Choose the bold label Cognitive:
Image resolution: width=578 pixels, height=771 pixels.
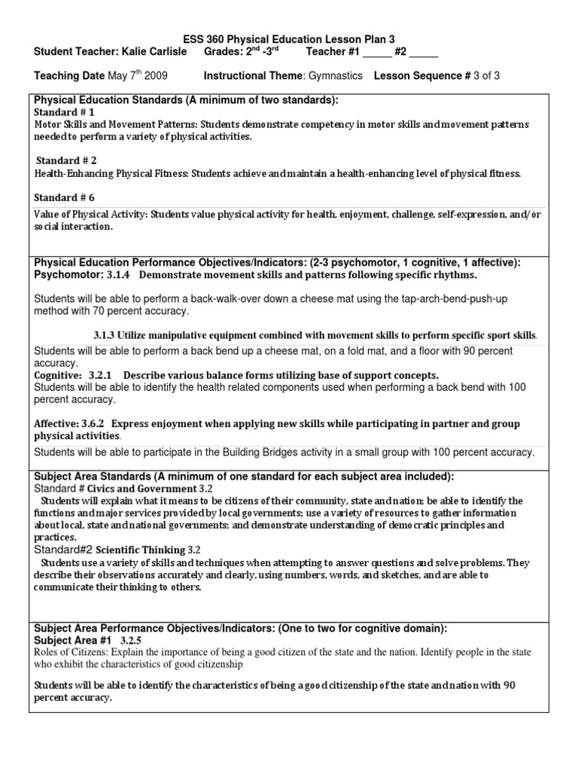(x=59, y=374)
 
